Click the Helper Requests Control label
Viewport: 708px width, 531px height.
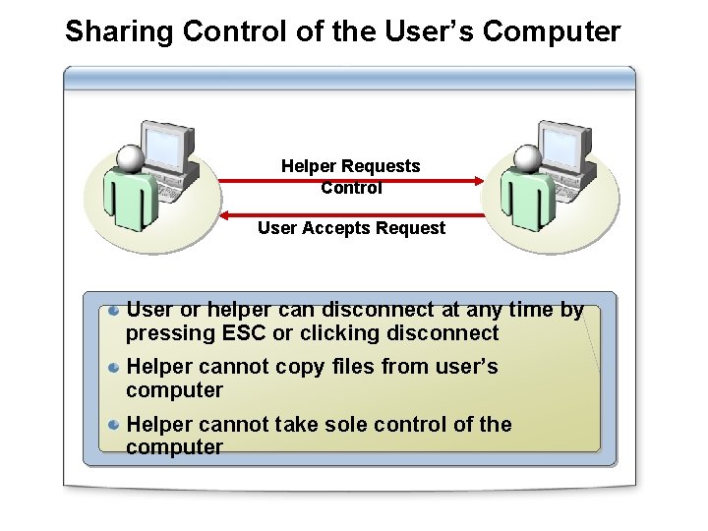pos(351,176)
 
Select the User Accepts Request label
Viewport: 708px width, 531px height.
pos(351,228)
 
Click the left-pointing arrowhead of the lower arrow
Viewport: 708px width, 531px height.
pos(224,214)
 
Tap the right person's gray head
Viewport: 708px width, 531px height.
pos(528,158)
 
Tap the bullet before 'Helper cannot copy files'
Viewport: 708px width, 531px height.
pos(115,368)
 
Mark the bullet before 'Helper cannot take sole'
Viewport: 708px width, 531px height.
pos(115,425)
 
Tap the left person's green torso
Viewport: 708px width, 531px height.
pos(129,197)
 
